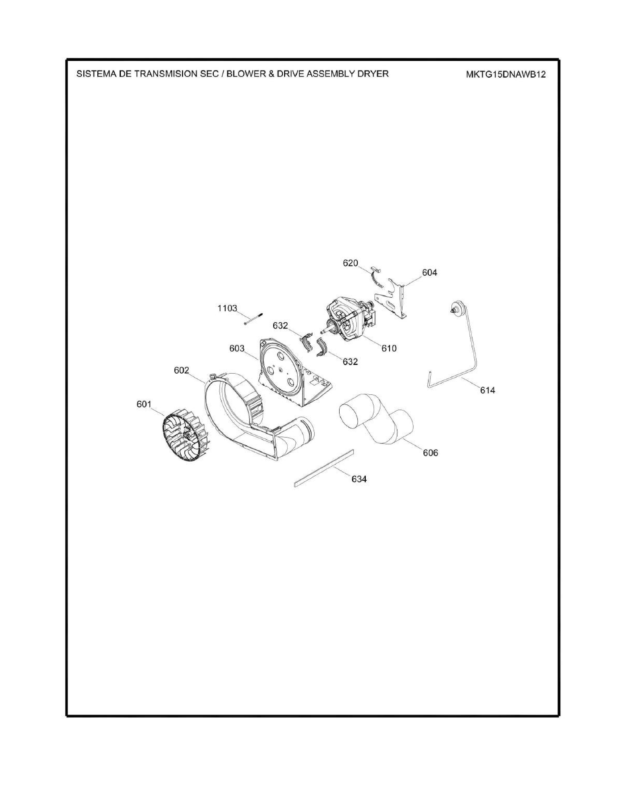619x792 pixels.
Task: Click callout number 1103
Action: click(227, 308)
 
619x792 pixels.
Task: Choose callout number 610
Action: click(389, 348)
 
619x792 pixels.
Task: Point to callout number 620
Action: click(351, 263)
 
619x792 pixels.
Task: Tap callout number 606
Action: click(430, 453)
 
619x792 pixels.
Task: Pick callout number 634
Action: click(359, 479)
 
